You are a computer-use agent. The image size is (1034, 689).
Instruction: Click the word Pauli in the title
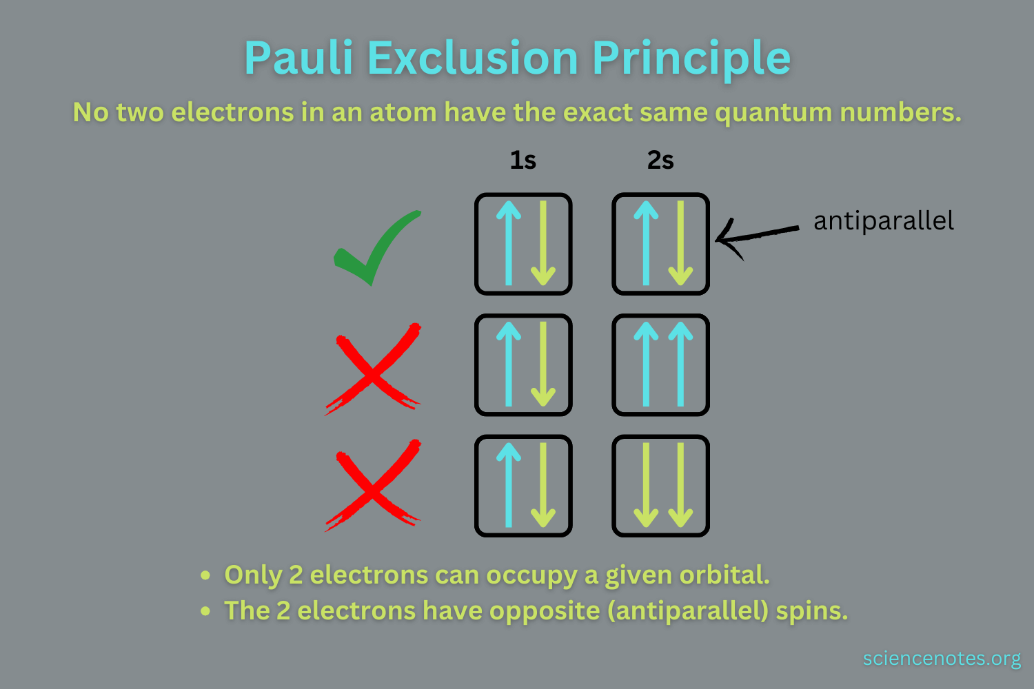298,58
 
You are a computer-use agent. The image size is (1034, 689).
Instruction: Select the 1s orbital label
523,161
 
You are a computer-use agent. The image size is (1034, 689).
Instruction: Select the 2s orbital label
660,161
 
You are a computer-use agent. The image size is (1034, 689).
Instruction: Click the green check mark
376,248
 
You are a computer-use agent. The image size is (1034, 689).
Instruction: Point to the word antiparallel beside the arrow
883,221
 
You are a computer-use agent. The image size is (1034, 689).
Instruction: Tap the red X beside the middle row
373,369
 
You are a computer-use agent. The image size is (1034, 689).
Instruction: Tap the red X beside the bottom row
373,486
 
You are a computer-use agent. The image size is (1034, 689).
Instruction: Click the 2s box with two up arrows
660,365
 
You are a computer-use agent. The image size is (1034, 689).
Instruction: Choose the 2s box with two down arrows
660,486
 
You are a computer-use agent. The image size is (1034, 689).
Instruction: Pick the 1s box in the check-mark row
523,244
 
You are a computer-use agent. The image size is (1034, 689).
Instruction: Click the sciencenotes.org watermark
942,659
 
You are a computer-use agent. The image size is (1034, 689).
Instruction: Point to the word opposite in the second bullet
545,610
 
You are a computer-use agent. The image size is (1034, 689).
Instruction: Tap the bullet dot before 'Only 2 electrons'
205,575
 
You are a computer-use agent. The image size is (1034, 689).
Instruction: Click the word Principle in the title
691,58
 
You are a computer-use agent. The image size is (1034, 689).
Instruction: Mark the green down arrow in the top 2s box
680,244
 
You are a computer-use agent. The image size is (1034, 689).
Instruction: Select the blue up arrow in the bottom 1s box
509,486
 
